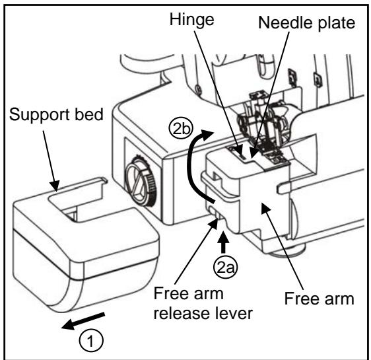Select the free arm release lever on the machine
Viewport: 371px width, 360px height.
tap(213, 213)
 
